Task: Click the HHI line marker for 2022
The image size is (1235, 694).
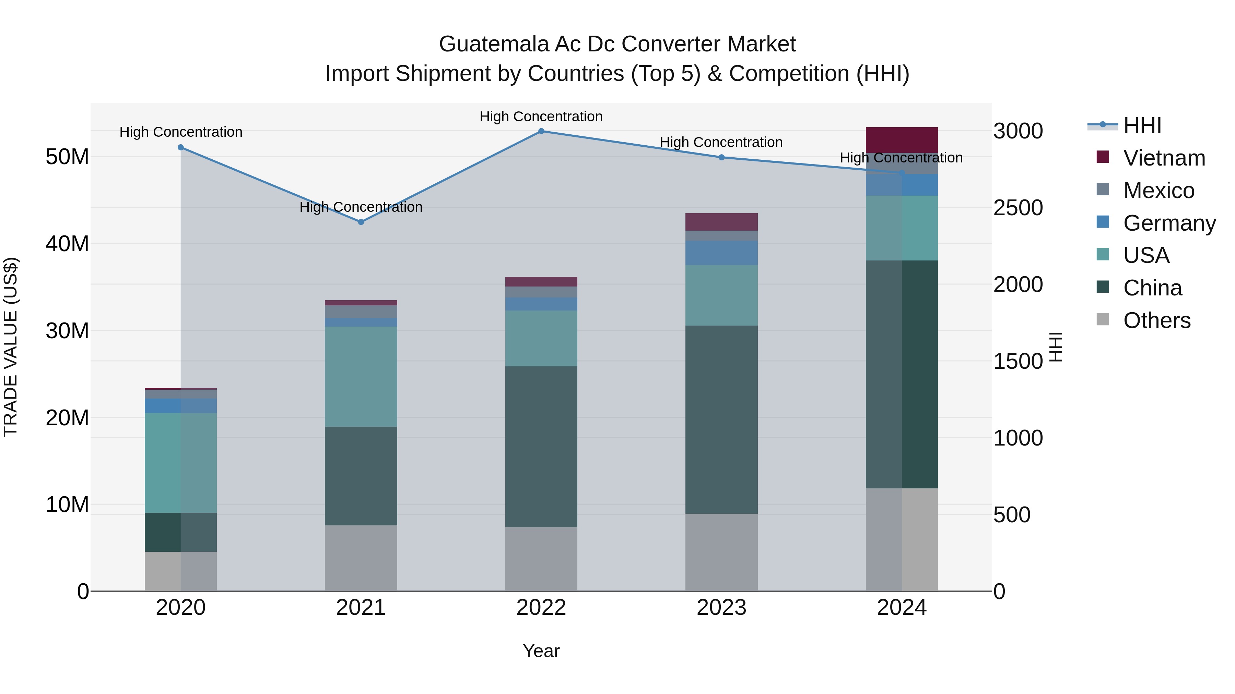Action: click(x=541, y=131)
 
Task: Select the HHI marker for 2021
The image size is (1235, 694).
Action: click(x=361, y=222)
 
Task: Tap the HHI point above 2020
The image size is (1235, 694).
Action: click(x=181, y=147)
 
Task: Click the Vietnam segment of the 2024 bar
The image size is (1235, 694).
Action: click(x=901, y=140)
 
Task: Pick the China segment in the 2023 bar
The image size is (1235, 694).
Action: click(x=721, y=419)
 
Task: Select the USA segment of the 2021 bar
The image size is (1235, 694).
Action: click(x=361, y=376)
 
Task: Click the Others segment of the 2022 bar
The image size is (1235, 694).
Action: click(x=541, y=559)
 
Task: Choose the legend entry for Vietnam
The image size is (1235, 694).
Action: click(x=1164, y=158)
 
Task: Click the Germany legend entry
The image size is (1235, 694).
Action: click(x=1169, y=223)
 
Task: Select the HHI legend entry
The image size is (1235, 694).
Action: click(x=1142, y=125)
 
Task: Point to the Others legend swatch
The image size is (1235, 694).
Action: click(x=1103, y=319)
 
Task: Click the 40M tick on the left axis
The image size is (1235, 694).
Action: click(x=67, y=244)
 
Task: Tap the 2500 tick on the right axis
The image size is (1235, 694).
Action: click(x=1018, y=208)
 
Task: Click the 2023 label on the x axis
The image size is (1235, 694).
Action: click(x=721, y=608)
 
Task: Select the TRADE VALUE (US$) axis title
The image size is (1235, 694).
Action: click(x=11, y=347)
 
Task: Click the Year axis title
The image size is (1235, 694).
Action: click(x=541, y=651)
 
